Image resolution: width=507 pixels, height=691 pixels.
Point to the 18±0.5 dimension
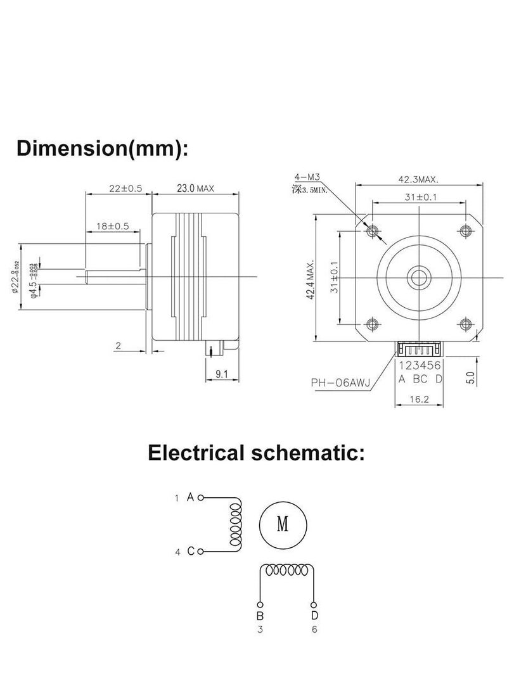coord(112,226)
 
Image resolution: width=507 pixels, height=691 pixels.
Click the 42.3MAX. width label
coord(418,179)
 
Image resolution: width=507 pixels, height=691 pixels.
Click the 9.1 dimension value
coord(221,374)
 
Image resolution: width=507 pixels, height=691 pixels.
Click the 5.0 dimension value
coord(470,378)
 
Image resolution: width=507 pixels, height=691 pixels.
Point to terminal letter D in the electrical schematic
coord(315,616)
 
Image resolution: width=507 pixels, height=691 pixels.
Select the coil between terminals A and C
coord(236,524)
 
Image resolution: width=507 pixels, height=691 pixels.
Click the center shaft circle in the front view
coord(418,276)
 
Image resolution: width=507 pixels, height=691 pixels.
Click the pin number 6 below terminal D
coord(315,629)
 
